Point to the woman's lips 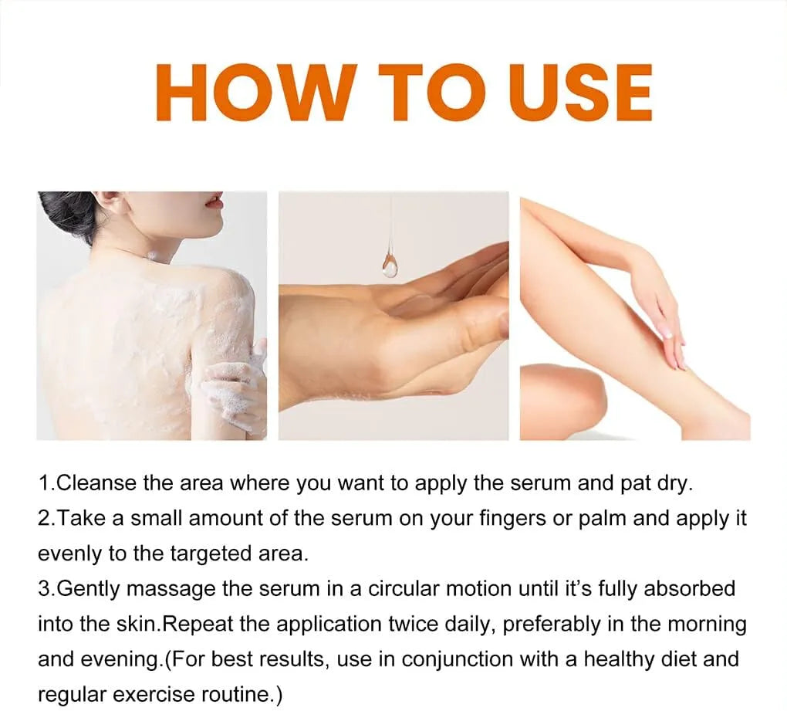coord(217,203)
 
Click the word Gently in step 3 coord(90,588)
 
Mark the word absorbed coord(690,588)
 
